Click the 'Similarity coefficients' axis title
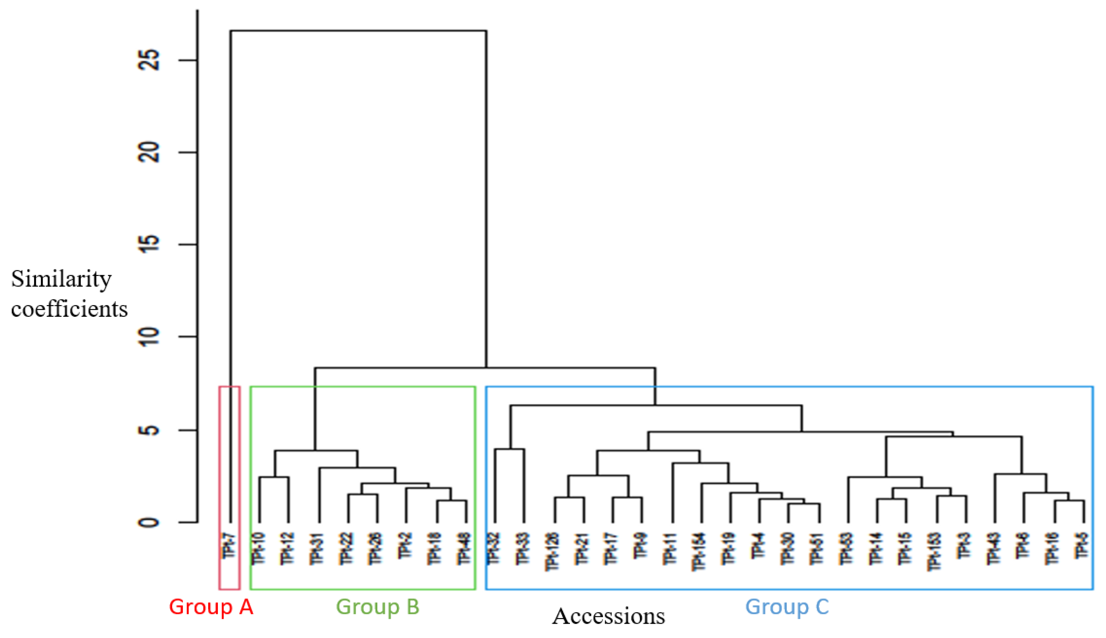coord(69,294)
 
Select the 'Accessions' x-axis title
coord(608,616)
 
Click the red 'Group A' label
coord(211,607)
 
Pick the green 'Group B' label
coord(378,607)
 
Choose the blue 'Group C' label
coord(787,607)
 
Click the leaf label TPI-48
coord(464,549)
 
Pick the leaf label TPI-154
coord(699,551)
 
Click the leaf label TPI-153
coord(934,551)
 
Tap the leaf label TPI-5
coord(1081,546)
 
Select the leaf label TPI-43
coord(993,549)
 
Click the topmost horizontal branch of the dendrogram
coord(358,31)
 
